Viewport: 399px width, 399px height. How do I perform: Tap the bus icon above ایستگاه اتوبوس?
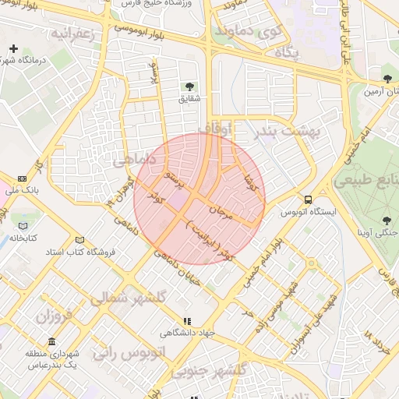309,199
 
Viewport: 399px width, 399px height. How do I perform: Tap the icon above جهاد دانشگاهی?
186,320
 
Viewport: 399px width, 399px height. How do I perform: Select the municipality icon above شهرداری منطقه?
51,342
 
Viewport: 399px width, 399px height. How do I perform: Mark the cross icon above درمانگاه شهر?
12,48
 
